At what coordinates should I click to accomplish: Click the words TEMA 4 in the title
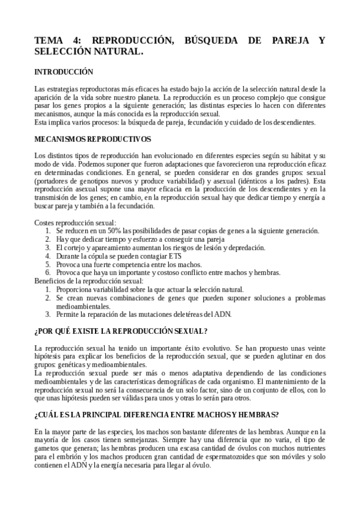pyautogui.click(x=53, y=41)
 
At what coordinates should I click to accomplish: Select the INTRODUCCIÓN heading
pyautogui.click(x=64, y=71)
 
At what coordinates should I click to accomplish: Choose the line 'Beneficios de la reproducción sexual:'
pyautogui.click(x=89, y=280)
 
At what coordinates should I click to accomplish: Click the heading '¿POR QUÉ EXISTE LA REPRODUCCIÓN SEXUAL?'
pyautogui.click(x=121, y=331)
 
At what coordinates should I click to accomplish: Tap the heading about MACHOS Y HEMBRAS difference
pyautogui.click(x=156, y=416)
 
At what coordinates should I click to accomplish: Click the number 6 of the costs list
pyautogui.click(x=48, y=272)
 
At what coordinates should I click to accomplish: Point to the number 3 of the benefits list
pyautogui.click(x=48, y=314)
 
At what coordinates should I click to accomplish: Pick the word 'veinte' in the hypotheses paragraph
pyautogui.click(x=313, y=348)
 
